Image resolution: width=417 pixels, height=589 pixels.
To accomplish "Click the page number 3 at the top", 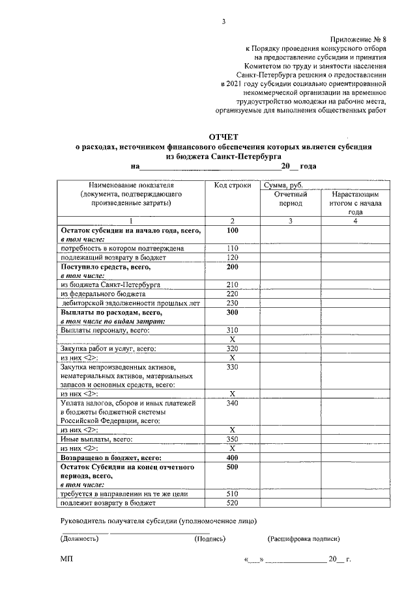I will click(223, 21).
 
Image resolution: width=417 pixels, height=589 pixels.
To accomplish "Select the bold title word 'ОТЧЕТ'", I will click(223, 137).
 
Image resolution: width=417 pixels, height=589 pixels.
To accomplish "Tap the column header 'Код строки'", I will click(232, 185).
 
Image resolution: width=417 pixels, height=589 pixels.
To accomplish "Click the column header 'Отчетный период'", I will click(291, 199).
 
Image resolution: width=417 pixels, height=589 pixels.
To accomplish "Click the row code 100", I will click(232, 230).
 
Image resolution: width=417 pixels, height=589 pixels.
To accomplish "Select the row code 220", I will click(232, 294).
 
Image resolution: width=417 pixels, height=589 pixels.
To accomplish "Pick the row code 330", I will click(232, 367).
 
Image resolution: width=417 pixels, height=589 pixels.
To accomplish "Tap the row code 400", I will click(232, 458).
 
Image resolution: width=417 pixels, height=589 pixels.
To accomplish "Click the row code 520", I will click(232, 503).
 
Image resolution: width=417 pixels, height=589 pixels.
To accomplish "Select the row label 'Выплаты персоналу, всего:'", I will click(105, 330).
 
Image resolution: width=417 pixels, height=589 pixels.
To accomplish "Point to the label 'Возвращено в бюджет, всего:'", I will click(110, 458).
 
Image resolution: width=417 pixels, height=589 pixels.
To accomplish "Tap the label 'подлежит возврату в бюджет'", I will click(108, 503).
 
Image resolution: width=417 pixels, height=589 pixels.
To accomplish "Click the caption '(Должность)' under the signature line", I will click(79, 538).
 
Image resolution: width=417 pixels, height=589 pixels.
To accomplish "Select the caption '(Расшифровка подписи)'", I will click(303, 538).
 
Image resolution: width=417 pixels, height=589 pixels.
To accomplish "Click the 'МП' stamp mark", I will click(66, 559).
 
